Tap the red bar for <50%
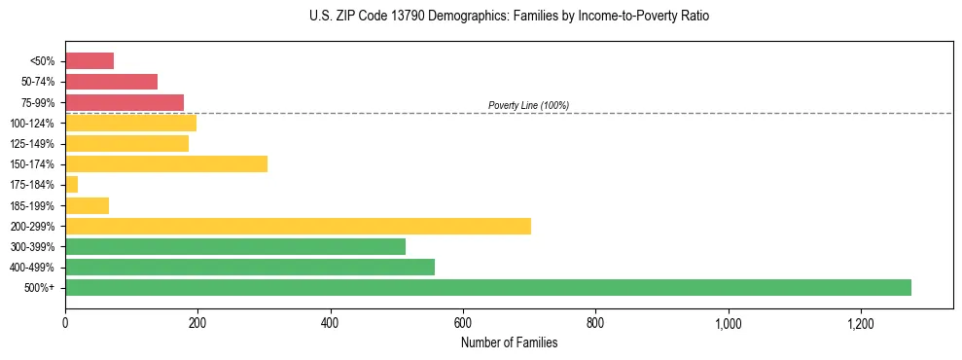click(x=89, y=61)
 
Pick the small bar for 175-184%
click(x=71, y=184)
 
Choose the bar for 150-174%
click(x=166, y=163)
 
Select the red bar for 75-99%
click(x=125, y=102)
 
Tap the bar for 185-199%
click(x=87, y=205)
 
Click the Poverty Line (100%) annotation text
click(x=528, y=105)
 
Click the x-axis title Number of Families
click(x=509, y=342)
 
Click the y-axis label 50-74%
click(x=38, y=82)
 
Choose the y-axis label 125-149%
click(x=36, y=144)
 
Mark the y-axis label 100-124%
click(x=36, y=123)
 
